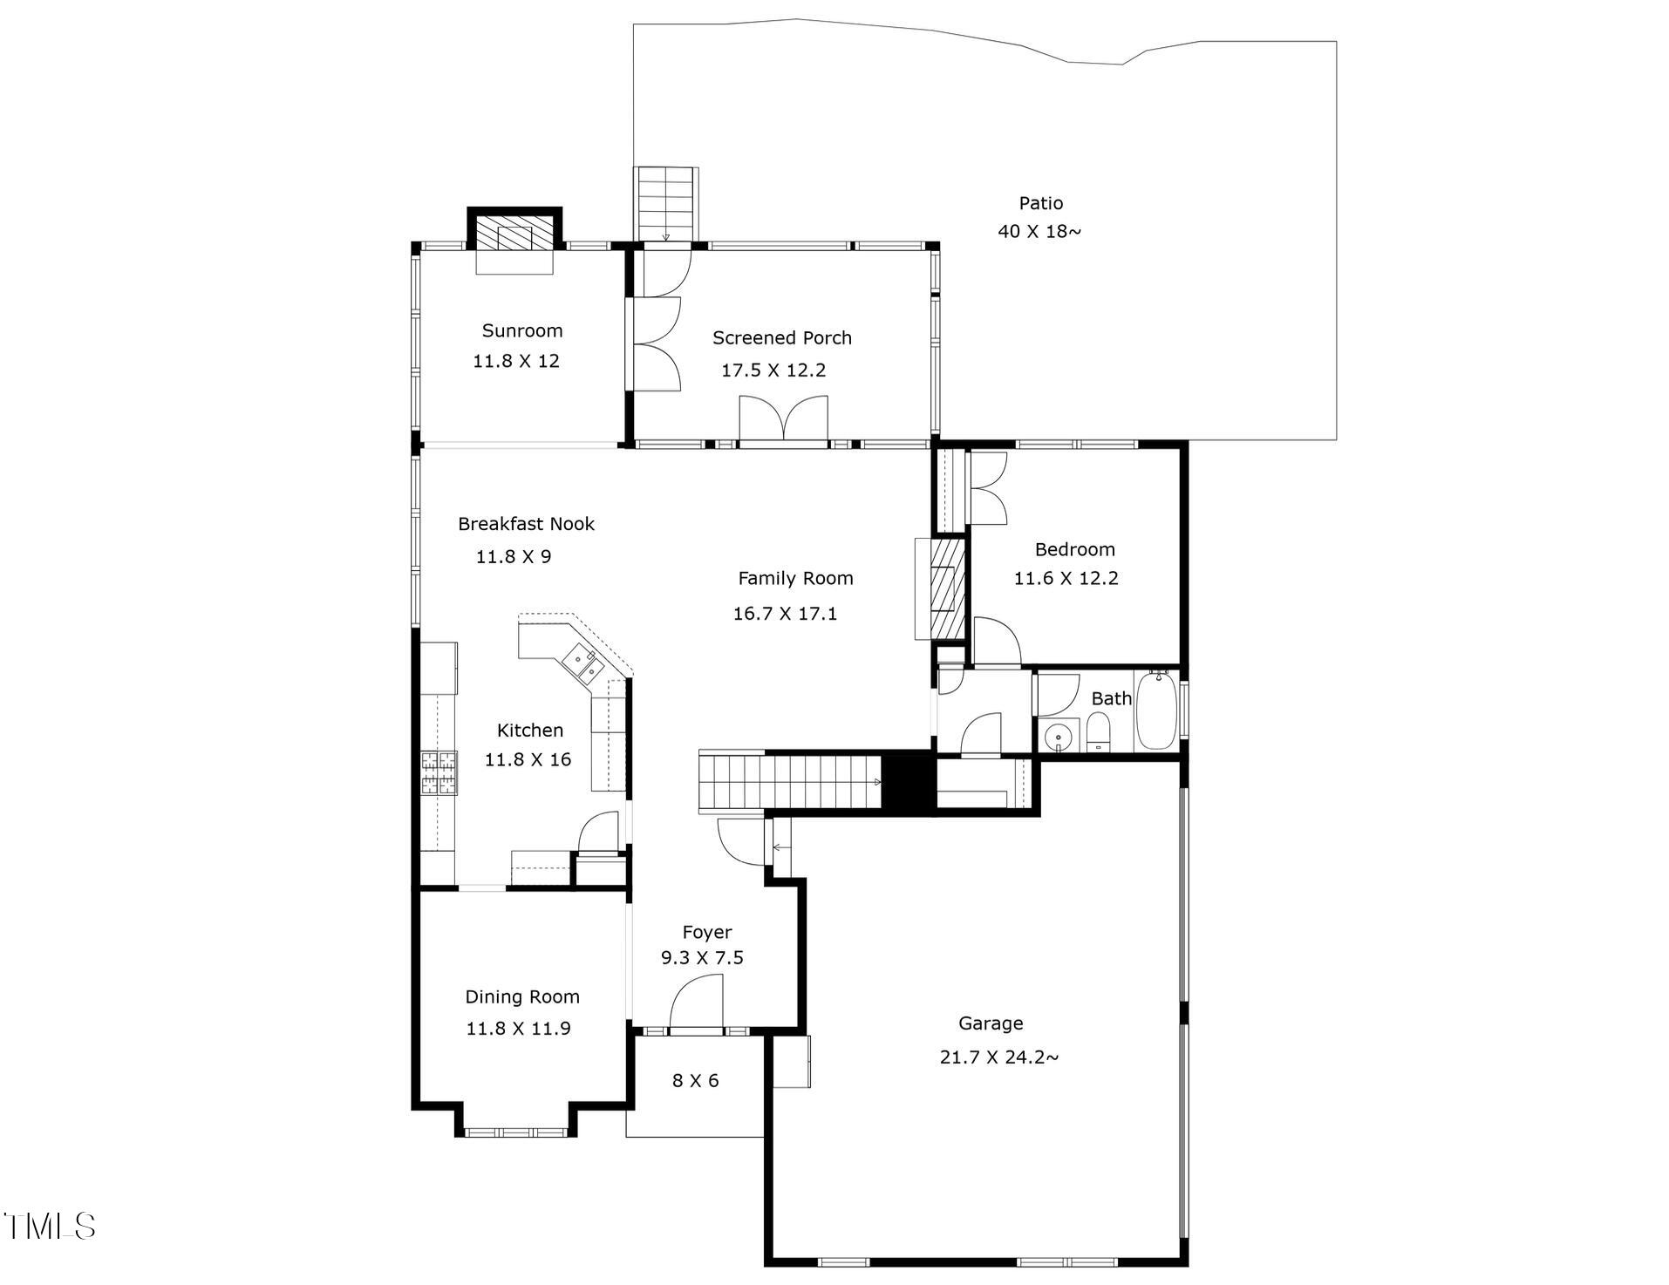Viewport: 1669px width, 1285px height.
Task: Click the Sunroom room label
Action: [x=521, y=330]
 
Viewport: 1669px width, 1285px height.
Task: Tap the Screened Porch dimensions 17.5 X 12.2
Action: [x=773, y=370]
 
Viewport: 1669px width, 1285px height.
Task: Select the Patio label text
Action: [x=1040, y=203]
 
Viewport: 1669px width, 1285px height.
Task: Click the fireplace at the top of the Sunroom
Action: [x=514, y=236]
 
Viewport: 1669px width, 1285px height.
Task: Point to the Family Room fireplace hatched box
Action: [x=946, y=588]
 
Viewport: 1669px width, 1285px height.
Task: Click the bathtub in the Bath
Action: [x=1157, y=710]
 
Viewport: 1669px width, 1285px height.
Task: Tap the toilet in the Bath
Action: [x=1098, y=731]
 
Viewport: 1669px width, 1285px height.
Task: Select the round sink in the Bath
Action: [x=1059, y=736]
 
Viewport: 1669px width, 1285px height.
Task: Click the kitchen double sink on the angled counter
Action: [x=583, y=662]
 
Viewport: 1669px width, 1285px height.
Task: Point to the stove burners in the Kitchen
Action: [x=439, y=772]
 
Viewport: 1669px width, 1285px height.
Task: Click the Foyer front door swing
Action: [x=698, y=1003]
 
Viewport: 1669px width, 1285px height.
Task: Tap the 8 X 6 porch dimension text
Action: [x=695, y=1081]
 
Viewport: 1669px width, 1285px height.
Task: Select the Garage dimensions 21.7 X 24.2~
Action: [x=998, y=1057]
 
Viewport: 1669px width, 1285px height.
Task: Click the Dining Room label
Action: [x=521, y=996]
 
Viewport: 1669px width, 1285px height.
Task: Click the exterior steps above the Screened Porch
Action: [x=665, y=202]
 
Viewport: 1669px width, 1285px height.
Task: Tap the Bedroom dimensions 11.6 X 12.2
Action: [x=1066, y=578]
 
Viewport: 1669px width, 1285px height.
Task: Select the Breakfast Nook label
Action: [x=526, y=524]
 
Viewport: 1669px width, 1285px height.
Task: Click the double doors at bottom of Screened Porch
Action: [x=783, y=420]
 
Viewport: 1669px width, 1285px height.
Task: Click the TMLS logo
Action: [x=49, y=1226]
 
